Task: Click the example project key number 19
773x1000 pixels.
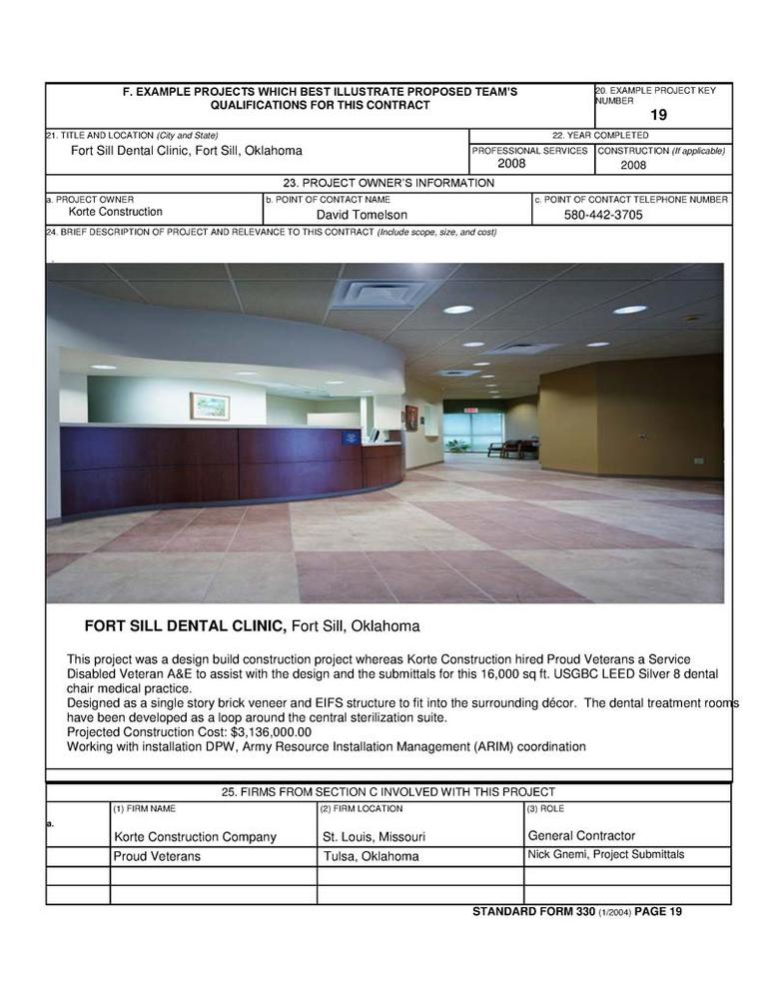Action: pos(658,115)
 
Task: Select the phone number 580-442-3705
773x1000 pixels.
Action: pos(603,215)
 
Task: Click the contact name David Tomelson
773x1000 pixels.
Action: pos(362,215)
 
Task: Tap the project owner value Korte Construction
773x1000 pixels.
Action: pos(115,212)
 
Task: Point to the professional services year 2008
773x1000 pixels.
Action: pos(510,164)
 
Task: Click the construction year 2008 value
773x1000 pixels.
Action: pos(633,166)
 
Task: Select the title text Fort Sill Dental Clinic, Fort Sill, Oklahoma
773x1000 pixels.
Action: pos(186,151)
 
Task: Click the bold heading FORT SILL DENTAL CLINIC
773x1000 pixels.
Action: pos(186,626)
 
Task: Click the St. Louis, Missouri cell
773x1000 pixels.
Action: pos(374,837)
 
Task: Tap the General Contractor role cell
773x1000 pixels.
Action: pos(581,836)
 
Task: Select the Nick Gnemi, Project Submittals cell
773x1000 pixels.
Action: pos(605,855)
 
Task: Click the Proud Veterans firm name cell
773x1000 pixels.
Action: pos(157,857)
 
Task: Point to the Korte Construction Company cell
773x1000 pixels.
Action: pos(195,837)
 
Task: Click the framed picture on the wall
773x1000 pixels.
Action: pos(210,406)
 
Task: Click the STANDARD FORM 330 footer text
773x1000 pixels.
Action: pos(534,911)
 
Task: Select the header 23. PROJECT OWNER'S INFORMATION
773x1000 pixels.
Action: pos(388,183)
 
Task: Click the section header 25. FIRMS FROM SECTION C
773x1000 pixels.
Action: pos(388,792)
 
